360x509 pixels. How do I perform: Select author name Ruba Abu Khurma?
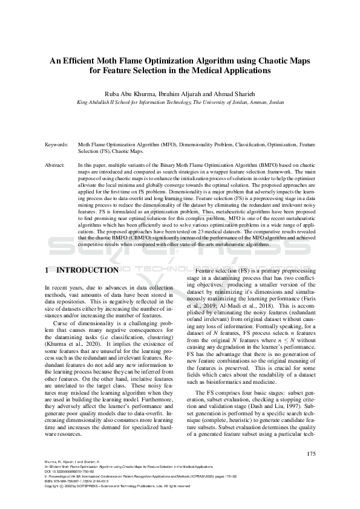(x=131, y=94)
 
